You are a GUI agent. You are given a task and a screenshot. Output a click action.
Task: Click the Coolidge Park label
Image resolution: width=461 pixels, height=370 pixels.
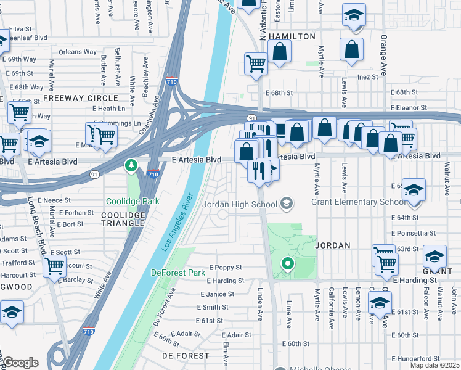coord(133,201)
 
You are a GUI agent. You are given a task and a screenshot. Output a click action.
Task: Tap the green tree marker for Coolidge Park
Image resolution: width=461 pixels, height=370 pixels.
coord(131,165)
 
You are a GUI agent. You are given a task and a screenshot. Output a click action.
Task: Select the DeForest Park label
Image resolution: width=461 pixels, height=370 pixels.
coord(178,273)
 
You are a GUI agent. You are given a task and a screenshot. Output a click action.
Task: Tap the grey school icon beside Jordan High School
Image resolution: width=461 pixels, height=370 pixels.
coord(287,202)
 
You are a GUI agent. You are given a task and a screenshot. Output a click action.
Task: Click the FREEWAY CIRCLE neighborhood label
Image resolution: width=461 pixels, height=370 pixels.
coord(80,98)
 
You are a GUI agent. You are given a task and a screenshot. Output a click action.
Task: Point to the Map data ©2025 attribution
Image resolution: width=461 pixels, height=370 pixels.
coord(435,365)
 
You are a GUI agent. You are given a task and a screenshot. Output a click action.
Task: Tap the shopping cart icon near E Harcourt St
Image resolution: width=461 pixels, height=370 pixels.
coord(55,266)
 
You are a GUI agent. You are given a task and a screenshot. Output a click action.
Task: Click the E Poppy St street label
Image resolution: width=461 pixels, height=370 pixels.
coord(225,268)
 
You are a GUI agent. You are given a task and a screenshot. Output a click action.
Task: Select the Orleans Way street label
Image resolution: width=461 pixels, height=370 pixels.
coord(78,52)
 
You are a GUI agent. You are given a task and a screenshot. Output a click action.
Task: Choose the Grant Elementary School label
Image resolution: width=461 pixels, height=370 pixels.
coord(359,202)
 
